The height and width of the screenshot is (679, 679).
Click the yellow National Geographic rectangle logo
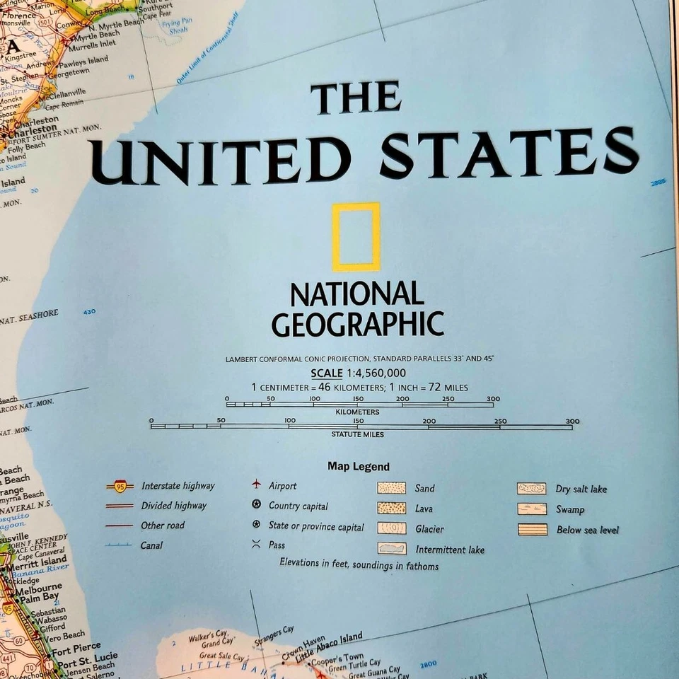tap(356, 238)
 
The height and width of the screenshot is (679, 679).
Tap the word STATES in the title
tap(509, 153)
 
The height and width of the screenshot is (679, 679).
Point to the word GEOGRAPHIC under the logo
tap(357, 323)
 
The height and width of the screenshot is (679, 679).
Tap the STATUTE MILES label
tap(357, 434)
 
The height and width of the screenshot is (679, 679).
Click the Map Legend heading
tap(358, 466)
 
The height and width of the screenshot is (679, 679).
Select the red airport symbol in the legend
tap(256, 485)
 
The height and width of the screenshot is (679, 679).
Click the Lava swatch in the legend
tap(391, 508)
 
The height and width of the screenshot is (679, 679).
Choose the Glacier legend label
tap(430, 529)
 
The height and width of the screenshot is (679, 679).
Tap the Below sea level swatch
tap(532, 529)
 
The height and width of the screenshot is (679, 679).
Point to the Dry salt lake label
tap(581, 489)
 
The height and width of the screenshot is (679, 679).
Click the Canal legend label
tap(151, 545)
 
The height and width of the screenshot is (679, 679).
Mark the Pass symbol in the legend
tap(256, 544)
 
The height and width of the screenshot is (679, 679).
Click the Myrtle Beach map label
tap(98, 35)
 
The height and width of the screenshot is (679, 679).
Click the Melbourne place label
tap(39, 588)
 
